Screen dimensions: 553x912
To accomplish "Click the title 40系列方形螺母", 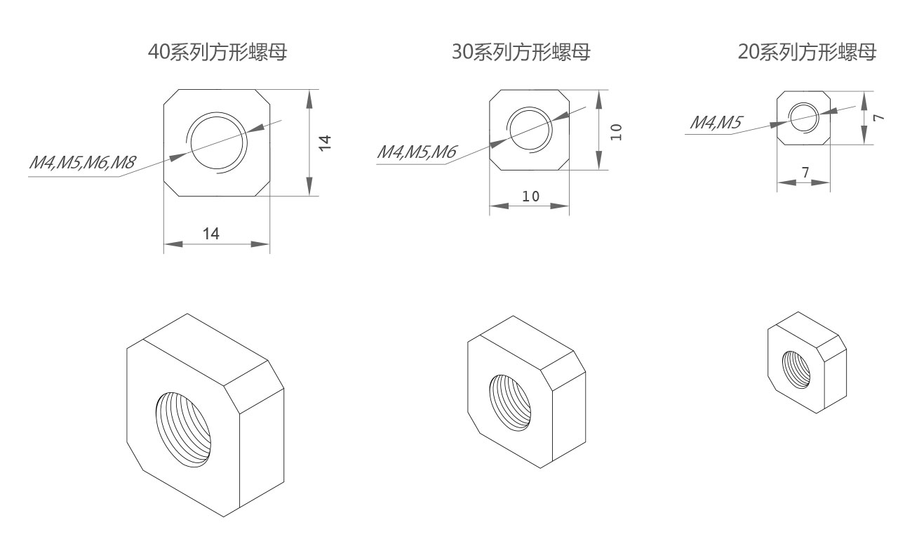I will coord(217,53).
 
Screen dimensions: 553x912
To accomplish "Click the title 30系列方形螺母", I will coord(521,53).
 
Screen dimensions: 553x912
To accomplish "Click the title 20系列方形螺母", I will coord(807,53).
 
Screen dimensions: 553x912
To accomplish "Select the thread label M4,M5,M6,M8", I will coord(81,164).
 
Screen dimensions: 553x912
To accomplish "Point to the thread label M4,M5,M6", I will coord(417,152).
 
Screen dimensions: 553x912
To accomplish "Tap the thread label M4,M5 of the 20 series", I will coord(716,122).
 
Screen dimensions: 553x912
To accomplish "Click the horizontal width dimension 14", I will coord(211,234).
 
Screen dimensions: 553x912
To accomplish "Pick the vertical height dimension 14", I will coord(325,142).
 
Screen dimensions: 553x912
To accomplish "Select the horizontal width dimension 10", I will coord(530,196).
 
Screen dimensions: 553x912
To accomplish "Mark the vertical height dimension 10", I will coord(615,131).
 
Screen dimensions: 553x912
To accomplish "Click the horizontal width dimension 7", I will coord(805,172).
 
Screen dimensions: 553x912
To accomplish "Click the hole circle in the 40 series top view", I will coord(217,142).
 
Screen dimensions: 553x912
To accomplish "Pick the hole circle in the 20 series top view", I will coord(804,117).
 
